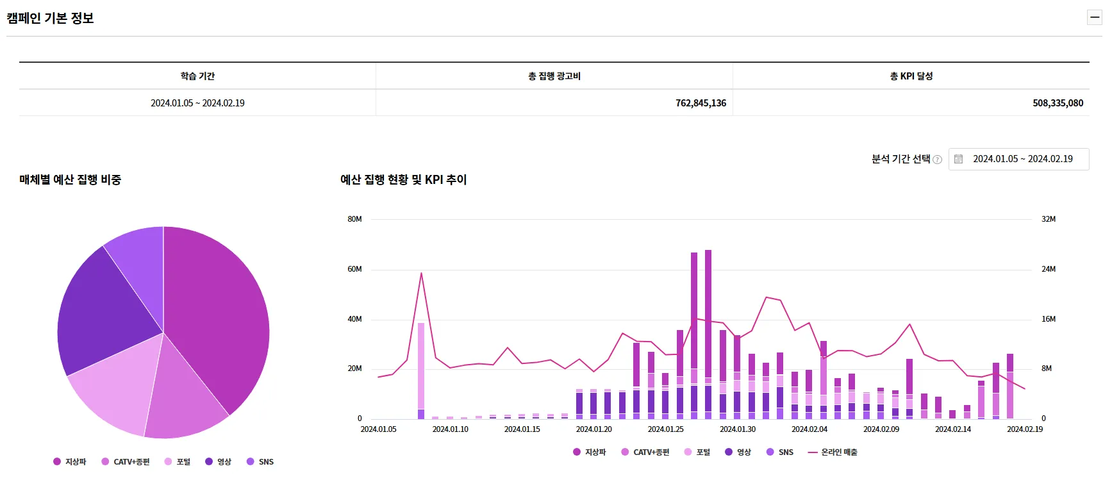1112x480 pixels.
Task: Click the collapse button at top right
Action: click(x=1095, y=17)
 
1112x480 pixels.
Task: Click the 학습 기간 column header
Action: click(x=197, y=76)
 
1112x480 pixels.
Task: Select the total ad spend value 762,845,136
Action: click(x=701, y=103)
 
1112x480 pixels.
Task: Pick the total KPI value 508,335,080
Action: click(x=1058, y=103)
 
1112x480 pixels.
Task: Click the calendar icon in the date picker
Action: click(x=958, y=159)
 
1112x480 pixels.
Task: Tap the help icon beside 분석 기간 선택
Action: click(x=937, y=160)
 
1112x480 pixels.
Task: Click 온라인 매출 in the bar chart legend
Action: click(x=833, y=452)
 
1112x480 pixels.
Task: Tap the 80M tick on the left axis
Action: click(x=354, y=219)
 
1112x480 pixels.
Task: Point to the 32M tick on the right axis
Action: click(x=1049, y=219)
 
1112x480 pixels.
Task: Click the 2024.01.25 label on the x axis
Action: click(x=665, y=429)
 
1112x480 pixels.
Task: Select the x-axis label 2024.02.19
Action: click(x=1024, y=429)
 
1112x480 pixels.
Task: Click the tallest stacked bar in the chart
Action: click(x=708, y=335)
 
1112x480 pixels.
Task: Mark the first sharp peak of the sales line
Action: click(x=421, y=273)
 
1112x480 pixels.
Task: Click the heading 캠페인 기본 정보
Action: click(x=50, y=18)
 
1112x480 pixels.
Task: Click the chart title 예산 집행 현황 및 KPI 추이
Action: click(x=404, y=180)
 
